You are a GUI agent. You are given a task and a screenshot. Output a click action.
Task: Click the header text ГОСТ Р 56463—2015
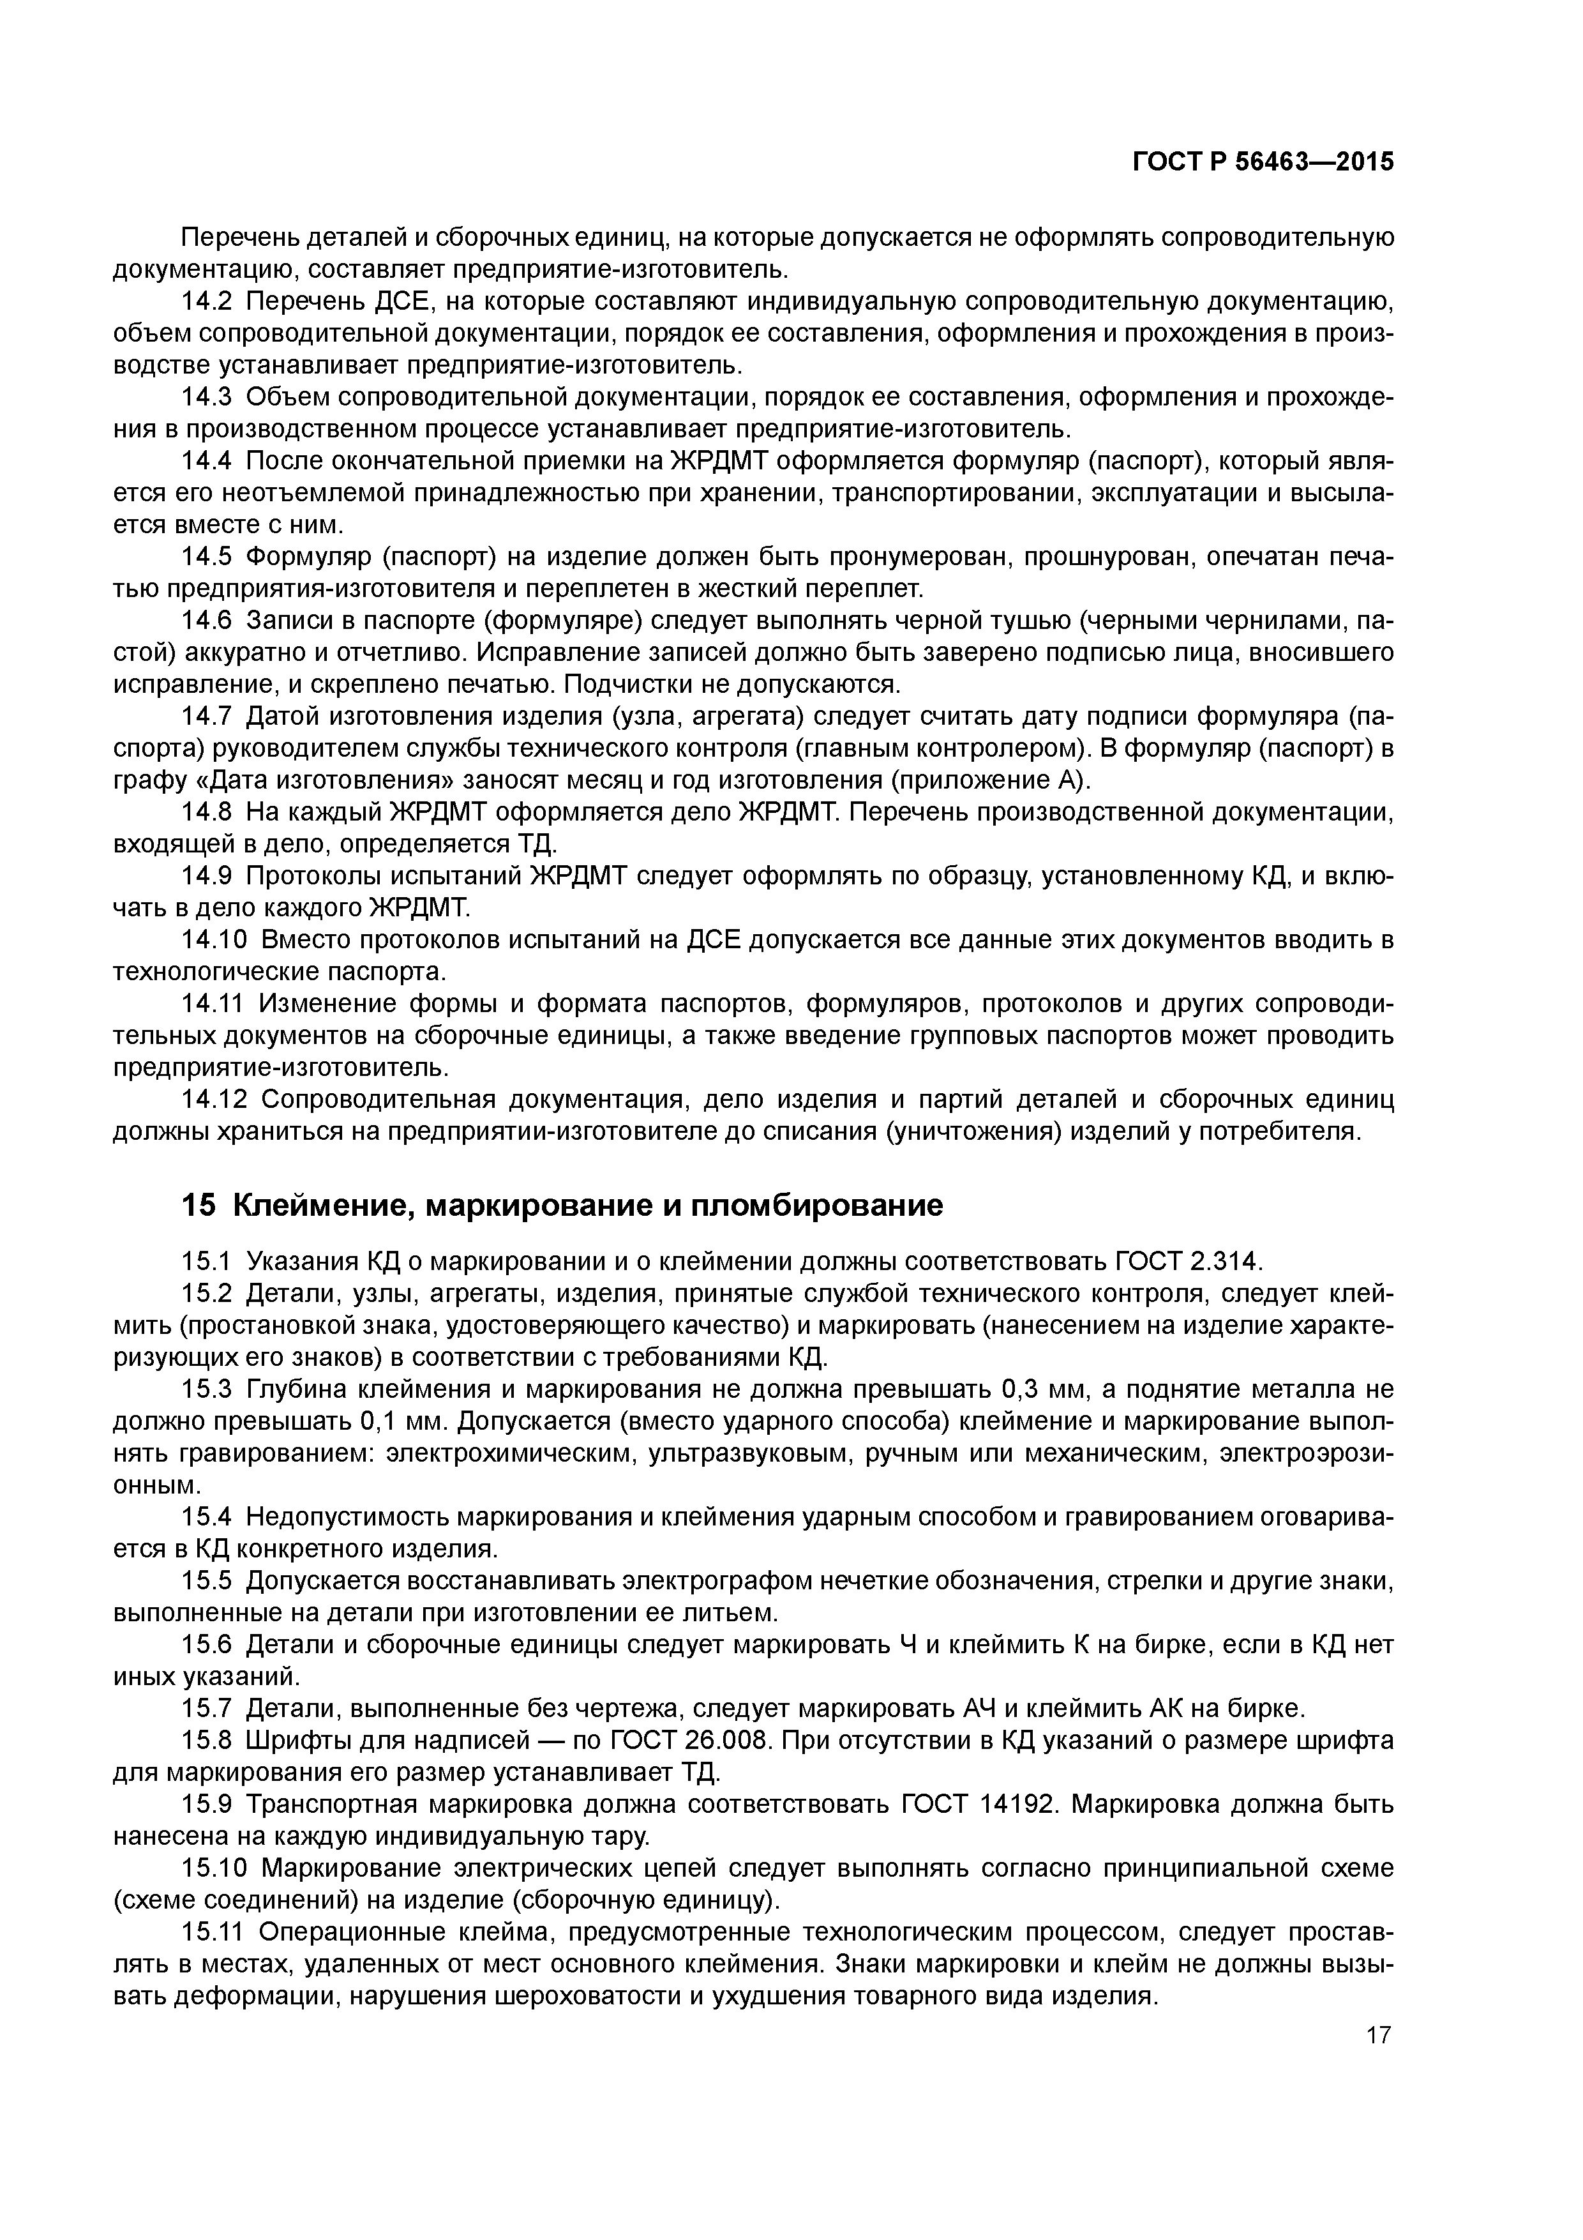click(x=1263, y=162)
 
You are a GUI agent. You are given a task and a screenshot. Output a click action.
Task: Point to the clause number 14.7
click(x=207, y=717)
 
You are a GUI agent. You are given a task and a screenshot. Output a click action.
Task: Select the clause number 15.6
click(x=207, y=1645)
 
